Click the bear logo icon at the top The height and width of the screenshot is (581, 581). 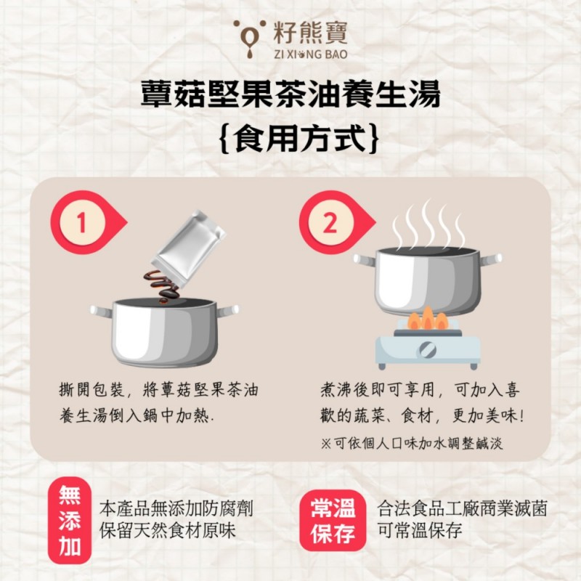coord(247,37)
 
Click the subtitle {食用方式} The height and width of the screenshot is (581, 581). coord(290,137)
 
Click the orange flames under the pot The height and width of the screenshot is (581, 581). coord(427,320)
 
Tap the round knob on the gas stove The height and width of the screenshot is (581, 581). coord(428,350)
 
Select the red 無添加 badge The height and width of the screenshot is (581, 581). coord(70,520)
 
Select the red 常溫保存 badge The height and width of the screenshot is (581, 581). coord(333,520)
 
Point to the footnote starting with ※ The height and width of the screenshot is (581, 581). coord(411,443)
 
